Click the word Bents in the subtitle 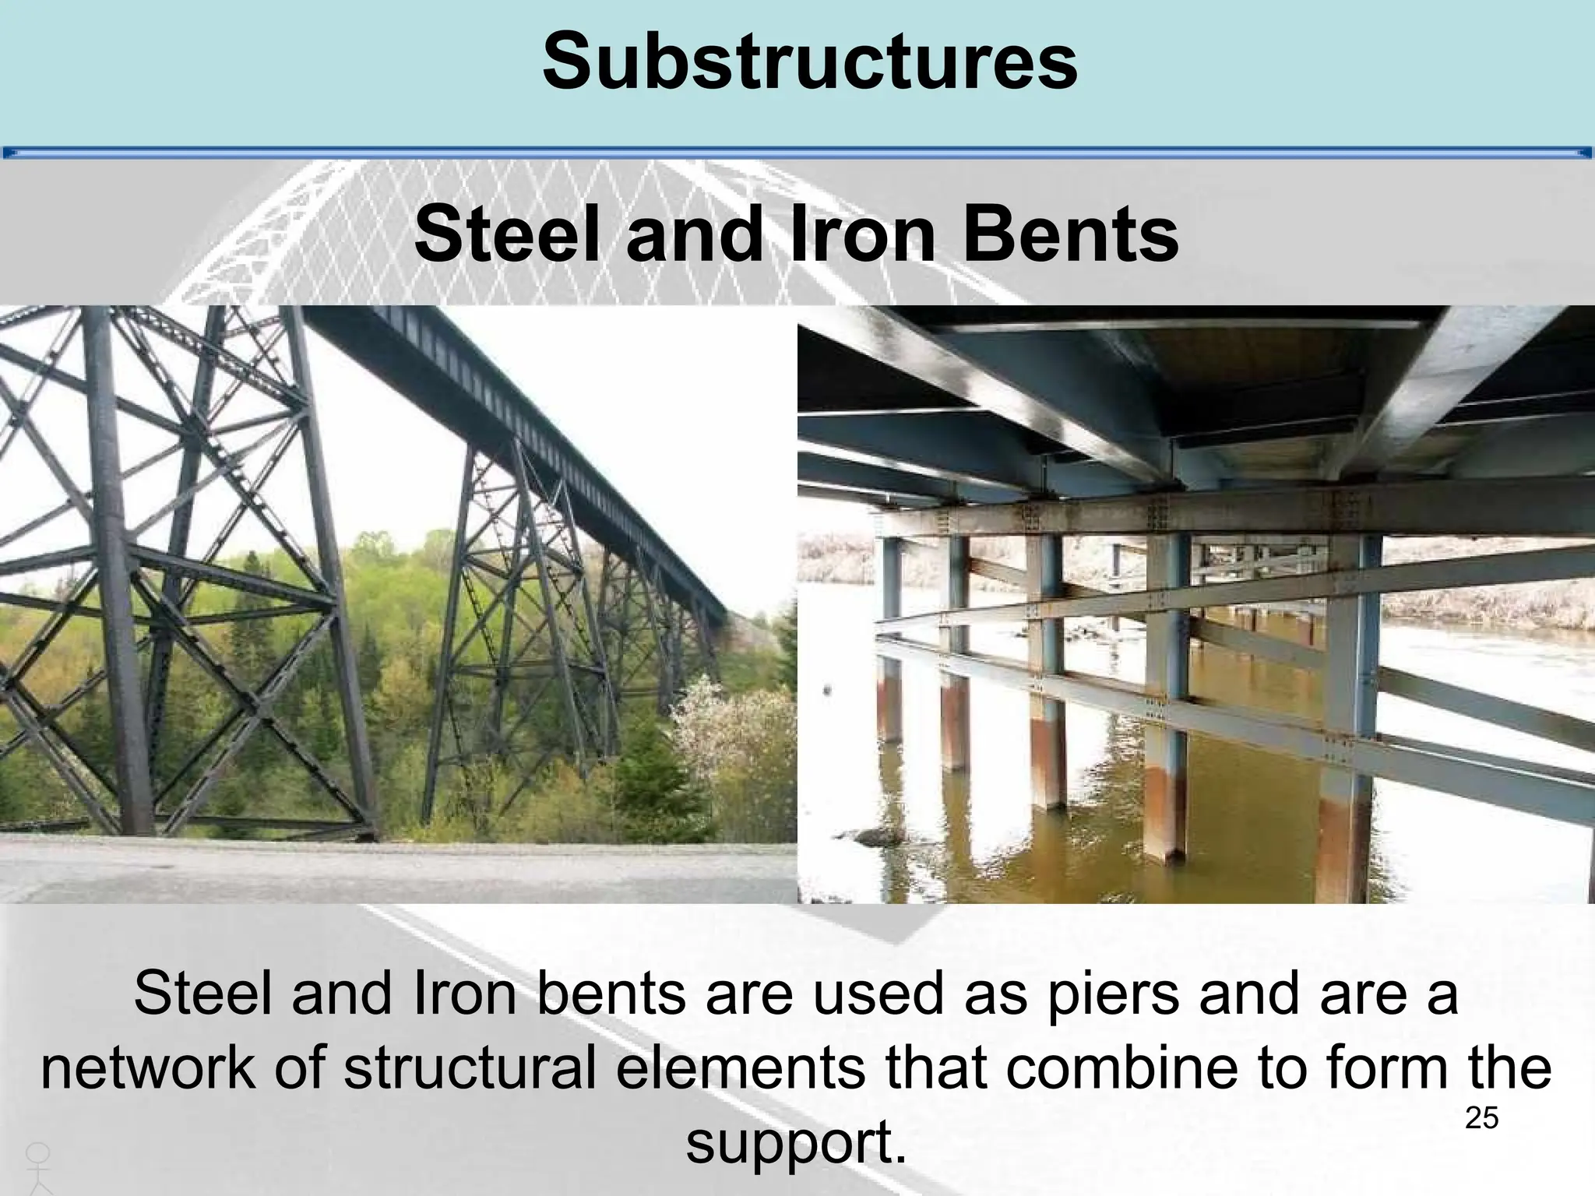(1071, 234)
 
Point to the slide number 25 (1481, 1119)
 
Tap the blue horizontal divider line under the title (797, 153)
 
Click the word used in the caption (880, 994)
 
